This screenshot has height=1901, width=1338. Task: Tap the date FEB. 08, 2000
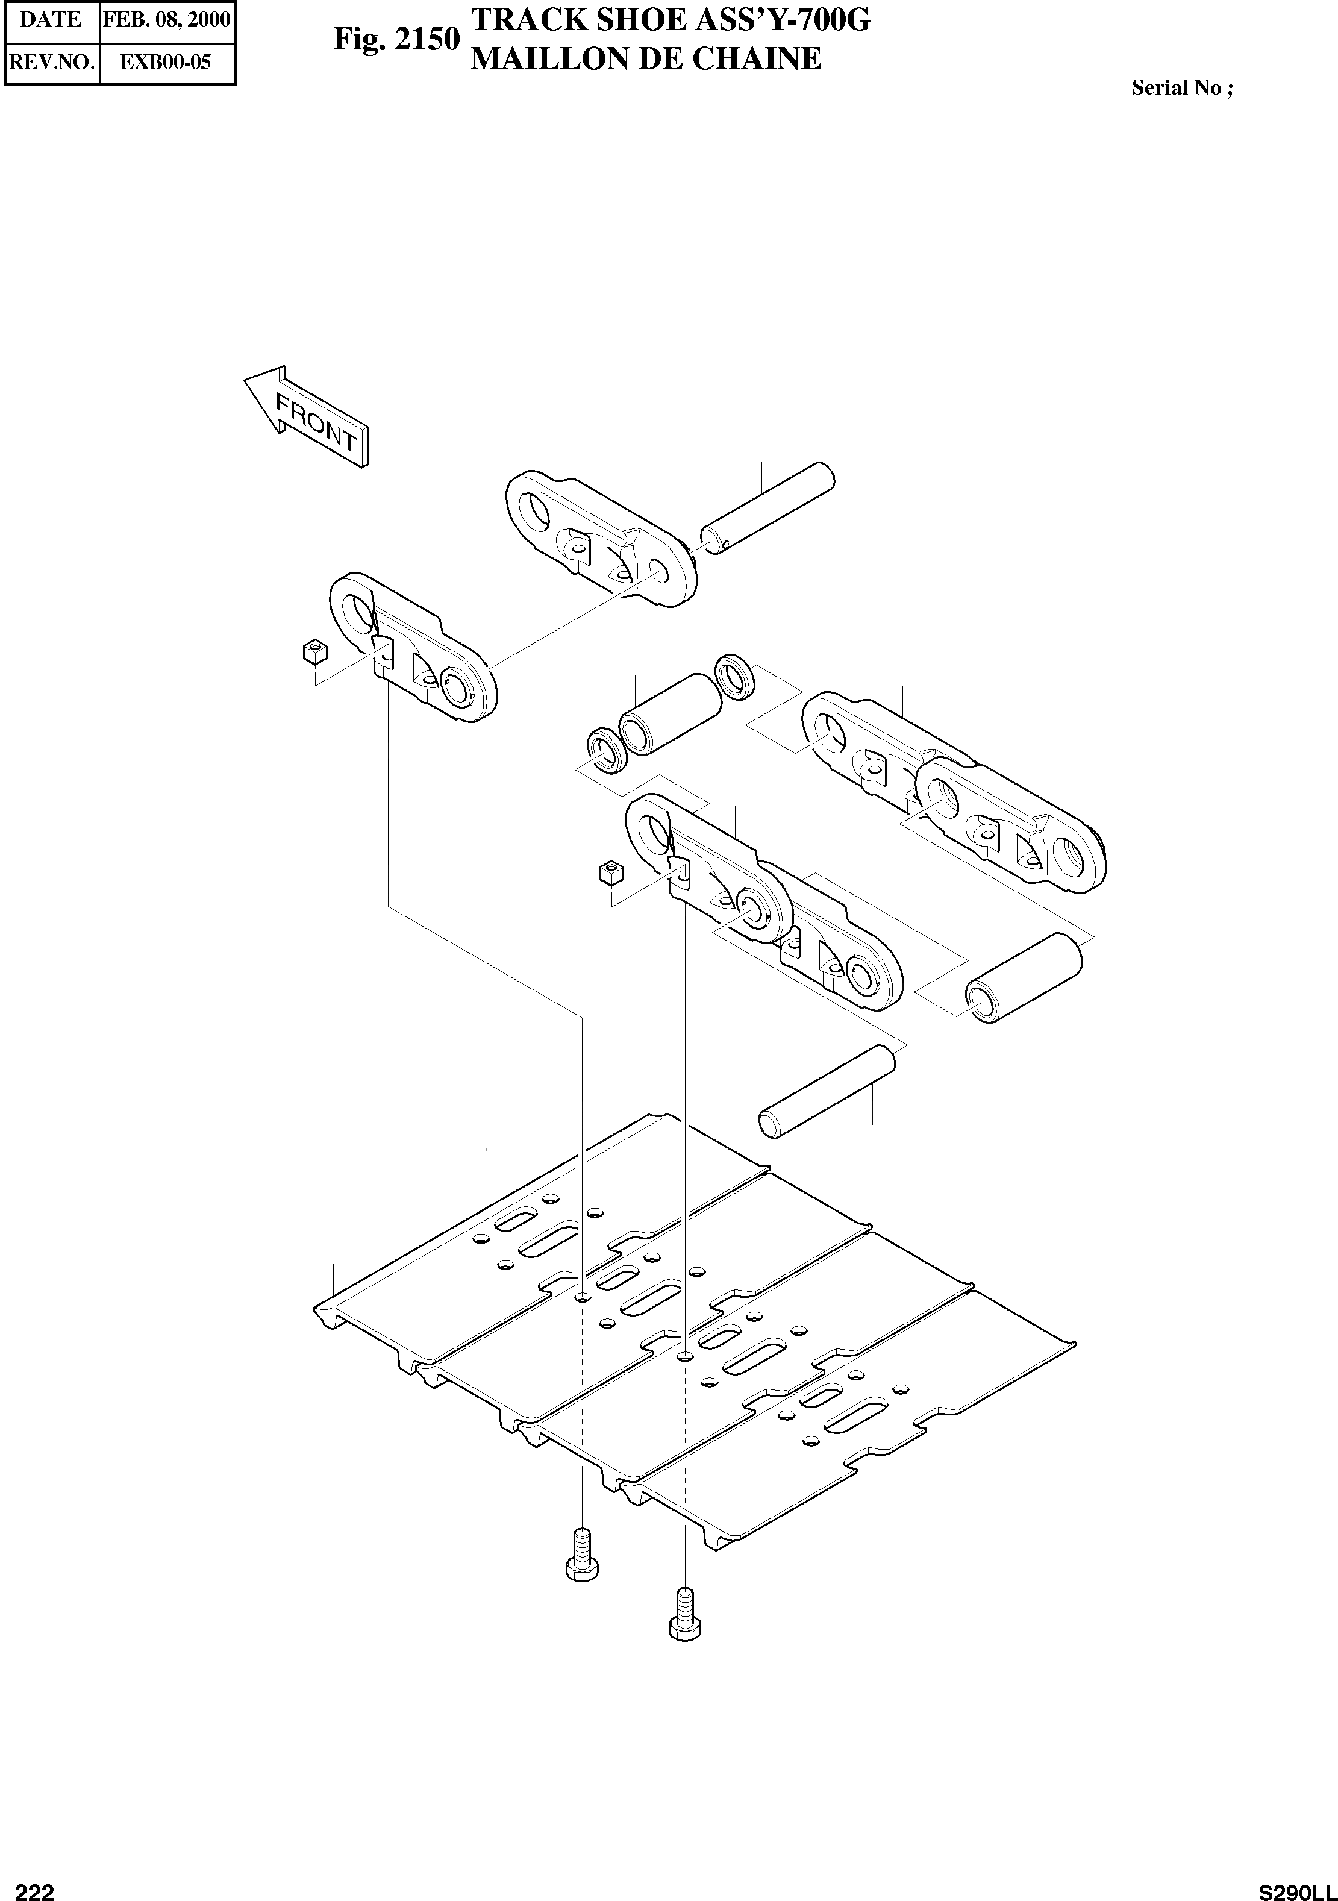[166, 19]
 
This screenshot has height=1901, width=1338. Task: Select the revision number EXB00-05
[166, 62]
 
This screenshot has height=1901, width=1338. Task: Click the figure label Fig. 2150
[396, 39]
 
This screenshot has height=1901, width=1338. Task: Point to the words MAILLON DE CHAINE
[646, 59]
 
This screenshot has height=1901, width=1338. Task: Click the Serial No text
[1181, 89]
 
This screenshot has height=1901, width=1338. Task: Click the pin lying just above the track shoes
[827, 1092]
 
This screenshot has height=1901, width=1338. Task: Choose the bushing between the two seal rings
[671, 713]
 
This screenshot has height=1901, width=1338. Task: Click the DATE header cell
[51, 19]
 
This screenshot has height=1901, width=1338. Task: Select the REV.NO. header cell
[51, 62]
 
